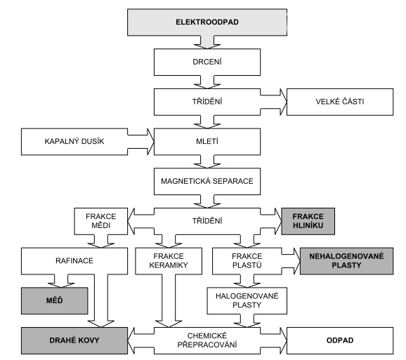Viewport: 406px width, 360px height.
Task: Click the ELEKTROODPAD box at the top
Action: tap(207, 22)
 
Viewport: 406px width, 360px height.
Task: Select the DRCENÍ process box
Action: tap(207, 62)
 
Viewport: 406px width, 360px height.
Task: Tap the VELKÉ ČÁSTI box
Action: tap(340, 102)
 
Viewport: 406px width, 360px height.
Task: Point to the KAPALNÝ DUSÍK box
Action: tap(74, 142)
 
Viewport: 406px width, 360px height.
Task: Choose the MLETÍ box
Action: tap(207, 142)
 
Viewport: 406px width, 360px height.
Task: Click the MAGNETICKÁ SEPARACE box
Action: tap(207, 181)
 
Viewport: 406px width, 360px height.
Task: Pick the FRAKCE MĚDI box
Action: tap(101, 221)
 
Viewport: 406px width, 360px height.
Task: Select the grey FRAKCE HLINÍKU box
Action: tap(308, 221)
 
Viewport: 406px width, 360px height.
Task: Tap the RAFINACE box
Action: tap(74, 261)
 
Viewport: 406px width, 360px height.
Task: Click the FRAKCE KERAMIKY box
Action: tap(169, 261)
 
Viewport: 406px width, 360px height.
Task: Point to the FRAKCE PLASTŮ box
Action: tap(247, 261)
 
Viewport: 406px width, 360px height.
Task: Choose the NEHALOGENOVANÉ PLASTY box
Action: tap(347, 261)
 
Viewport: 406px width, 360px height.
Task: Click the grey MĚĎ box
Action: tap(54, 301)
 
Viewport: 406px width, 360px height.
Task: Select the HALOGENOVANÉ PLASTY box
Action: tap(247, 301)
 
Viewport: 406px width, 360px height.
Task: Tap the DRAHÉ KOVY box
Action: tap(74, 340)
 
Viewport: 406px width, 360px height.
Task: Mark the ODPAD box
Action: tap(340, 340)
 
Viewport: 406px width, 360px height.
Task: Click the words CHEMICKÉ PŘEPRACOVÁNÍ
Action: tap(207, 340)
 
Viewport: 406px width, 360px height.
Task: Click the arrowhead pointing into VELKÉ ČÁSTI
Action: tap(284, 102)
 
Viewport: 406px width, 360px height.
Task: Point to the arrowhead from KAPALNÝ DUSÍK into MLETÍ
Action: tap(151, 142)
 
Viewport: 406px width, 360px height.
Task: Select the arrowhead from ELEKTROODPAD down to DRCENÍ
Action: tap(207, 46)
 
